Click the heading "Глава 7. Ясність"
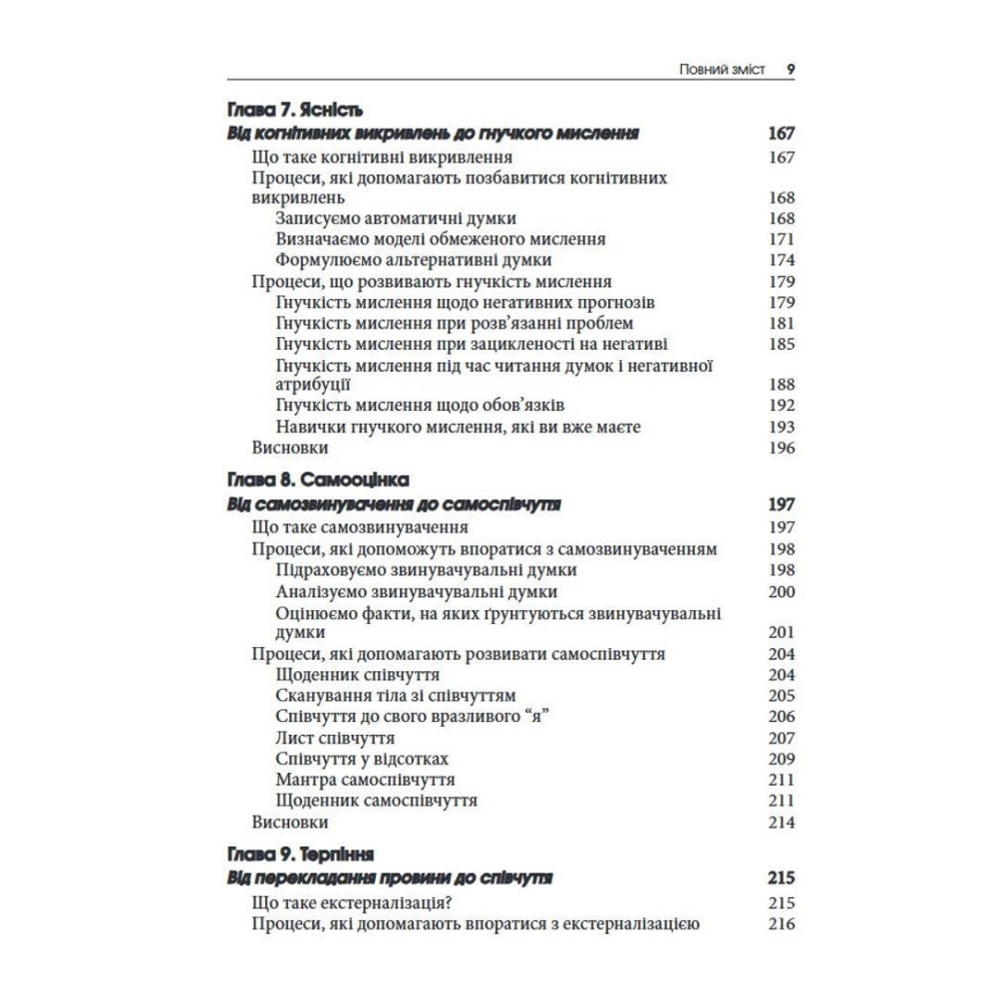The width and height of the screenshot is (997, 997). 293,110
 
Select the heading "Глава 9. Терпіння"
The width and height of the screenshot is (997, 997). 301,854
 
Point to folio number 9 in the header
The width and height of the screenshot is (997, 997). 790,69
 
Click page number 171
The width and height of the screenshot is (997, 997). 782,239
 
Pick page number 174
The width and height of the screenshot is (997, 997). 782,260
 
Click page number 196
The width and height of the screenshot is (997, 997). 782,448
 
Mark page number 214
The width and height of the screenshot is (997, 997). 782,823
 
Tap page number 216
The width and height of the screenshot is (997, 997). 782,924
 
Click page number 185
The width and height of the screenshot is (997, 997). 782,344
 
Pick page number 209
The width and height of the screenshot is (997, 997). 782,759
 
